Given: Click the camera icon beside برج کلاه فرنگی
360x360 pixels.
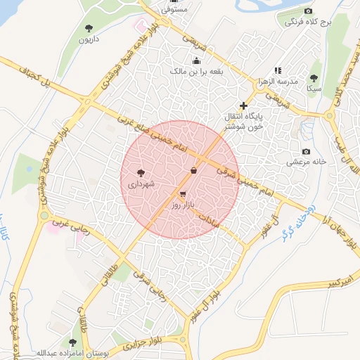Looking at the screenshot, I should (308, 11).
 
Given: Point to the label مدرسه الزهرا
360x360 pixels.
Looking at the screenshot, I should (295, 81).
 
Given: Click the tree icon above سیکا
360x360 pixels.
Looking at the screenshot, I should (314, 79).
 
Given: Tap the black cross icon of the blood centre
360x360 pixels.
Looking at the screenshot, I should (244, 105).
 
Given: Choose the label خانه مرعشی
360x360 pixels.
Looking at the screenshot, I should (307, 162).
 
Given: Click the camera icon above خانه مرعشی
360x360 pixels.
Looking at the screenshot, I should (305, 152).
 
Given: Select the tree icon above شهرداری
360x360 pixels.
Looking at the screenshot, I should (141, 172).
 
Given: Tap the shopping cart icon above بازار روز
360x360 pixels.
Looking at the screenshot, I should (184, 194).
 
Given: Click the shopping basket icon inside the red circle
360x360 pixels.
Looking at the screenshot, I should (194, 169).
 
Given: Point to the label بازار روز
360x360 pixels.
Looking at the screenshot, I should (183, 205).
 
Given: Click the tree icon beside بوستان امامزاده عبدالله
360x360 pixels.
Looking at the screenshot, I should (72, 342).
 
